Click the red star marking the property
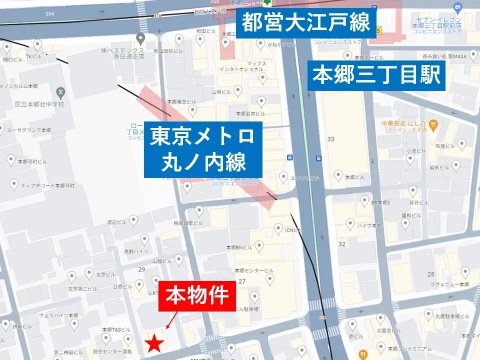pos(155,343)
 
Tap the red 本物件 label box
pos(197,295)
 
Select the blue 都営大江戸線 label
pos(305,22)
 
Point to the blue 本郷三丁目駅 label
pos(376,75)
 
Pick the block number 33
pos(330,138)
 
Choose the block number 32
pos(342,243)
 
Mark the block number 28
pos(431,273)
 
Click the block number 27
pos(242,281)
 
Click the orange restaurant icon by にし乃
pos(433,124)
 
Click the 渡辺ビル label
pos(115,222)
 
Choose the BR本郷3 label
pos(380,202)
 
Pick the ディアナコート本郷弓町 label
pos(47,185)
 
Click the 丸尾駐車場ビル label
pos(451,317)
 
